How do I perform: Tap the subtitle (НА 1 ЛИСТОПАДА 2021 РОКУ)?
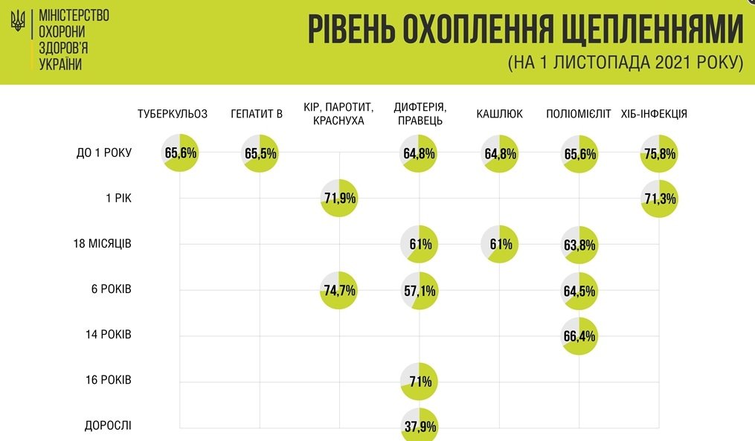626,63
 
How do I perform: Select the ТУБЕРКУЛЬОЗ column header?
173,114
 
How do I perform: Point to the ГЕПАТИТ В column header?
257,114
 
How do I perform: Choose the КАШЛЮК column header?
500,114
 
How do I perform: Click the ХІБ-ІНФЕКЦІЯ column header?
654,114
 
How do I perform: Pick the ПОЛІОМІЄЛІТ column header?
578,114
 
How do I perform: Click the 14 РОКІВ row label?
108,334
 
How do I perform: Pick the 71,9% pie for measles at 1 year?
339,199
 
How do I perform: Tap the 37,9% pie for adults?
420,425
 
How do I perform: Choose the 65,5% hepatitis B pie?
260,154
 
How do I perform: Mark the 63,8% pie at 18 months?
579,245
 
